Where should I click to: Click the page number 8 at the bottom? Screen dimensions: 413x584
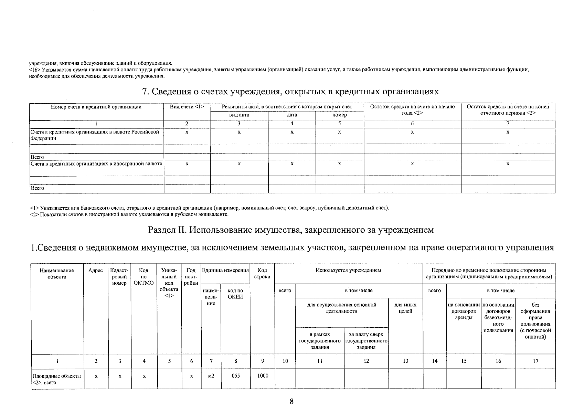point(291,401)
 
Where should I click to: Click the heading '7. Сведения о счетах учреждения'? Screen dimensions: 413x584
point(291,92)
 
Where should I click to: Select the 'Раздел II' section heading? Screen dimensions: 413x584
point(291,230)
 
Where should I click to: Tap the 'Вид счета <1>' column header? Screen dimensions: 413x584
point(187,107)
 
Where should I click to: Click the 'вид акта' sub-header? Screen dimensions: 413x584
point(239,115)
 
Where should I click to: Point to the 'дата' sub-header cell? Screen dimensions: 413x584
point(291,115)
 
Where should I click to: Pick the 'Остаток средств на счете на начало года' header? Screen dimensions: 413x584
point(412,110)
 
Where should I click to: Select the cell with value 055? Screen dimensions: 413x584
point(235,376)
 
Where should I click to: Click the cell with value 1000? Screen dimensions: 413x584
point(263,376)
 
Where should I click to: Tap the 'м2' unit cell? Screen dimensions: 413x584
point(211,376)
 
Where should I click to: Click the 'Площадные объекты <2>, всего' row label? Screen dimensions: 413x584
point(57,379)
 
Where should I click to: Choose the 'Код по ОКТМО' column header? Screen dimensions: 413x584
point(144,277)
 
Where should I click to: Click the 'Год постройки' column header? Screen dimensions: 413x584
point(191,277)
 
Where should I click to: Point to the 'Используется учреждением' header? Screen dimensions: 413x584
point(348,270)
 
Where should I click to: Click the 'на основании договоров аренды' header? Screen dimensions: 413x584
point(464,311)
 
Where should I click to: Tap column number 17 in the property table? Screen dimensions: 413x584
point(535,361)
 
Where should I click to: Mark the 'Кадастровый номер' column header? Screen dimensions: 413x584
point(119,277)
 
